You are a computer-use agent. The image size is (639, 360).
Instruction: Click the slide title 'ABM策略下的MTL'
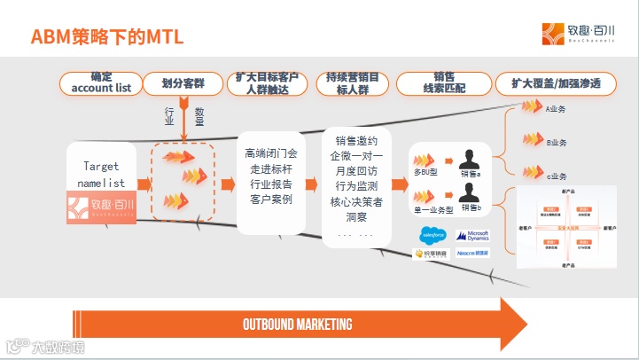[x=108, y=36]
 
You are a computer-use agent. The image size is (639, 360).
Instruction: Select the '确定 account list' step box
[x=100, y=83]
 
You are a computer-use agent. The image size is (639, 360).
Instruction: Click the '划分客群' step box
[x=182, y=83]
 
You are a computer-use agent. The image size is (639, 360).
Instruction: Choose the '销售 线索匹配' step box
[x=444, y=83]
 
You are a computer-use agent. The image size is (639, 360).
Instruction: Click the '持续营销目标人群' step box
[x=351, y=83]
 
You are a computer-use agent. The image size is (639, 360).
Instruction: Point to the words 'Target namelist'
[x=101, y=175]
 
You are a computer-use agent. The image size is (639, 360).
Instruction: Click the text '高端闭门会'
[x=272, y=153]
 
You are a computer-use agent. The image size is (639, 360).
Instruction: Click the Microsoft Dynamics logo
[x=472, y=236]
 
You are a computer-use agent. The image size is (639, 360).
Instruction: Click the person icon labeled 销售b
[x=470, y=195]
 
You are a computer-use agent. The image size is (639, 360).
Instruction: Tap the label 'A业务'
[x=556, y=109]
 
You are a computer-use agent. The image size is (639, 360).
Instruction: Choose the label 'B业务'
[x=557, y=142]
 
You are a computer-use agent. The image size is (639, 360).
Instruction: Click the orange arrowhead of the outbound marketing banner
[x=511, y=324]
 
